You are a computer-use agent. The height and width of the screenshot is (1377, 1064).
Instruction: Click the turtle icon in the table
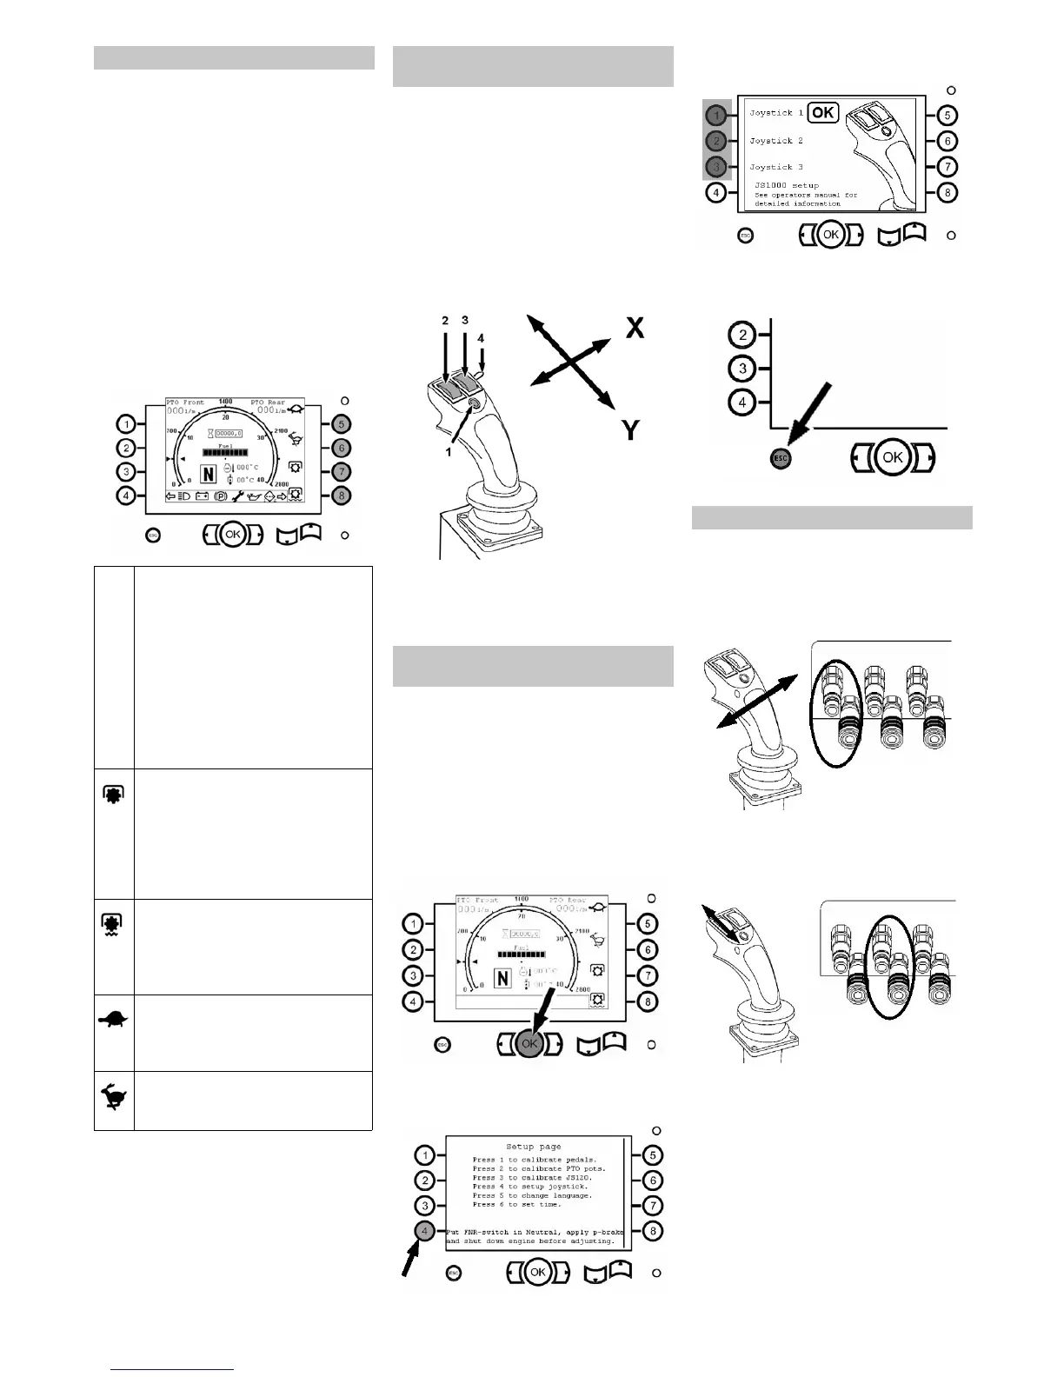(x=114, y=1020)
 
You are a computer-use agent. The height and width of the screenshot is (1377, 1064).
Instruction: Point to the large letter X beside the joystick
(x=635, y=329)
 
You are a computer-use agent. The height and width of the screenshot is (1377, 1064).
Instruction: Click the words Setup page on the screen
(x=533, y=1146)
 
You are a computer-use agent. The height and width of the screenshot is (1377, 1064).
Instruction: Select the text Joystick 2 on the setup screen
(x=776, y=141)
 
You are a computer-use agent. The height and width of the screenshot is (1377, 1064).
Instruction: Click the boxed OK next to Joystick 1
(x=823, y=113)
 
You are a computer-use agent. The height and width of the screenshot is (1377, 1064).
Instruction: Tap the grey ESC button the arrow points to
(x=781, y=458)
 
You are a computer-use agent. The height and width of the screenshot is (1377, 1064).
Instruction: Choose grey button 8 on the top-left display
(x=342, y=496)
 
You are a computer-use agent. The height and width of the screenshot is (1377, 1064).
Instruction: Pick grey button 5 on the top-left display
(x=342, y=424)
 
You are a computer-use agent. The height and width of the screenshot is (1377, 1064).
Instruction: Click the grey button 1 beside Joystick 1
(x=715, y=115)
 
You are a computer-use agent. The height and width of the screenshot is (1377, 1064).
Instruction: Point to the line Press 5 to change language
(x=532, y=1195)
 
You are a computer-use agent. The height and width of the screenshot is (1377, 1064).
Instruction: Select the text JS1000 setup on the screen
(x=787, y=185)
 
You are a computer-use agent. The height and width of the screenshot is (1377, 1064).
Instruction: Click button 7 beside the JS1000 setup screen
(x=949, y=166)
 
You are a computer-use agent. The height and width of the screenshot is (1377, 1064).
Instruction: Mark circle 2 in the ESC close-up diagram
(x=742, y=335)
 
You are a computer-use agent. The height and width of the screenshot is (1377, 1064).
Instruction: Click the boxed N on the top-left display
(x=209, y=474)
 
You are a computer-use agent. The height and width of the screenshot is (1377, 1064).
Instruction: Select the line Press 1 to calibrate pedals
(x=535, y=1160)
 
